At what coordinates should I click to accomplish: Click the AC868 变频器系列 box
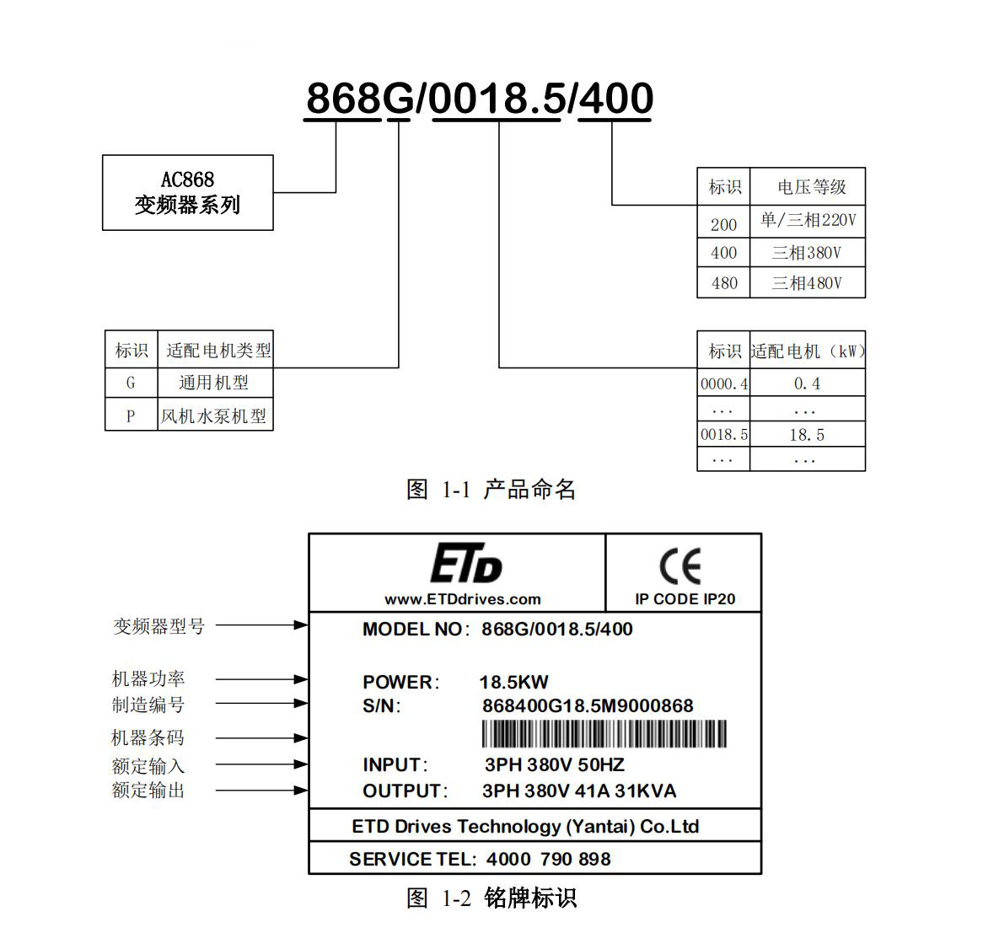(x=187, y=192)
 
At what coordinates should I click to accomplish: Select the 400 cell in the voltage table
(x=723, y=253)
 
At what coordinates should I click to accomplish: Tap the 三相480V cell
(x=807, y=283)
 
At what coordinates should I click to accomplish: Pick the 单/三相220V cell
(x=807, y=221)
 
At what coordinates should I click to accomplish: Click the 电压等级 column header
(x=810, y=187)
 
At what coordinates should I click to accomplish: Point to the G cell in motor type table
(x=131, y=383)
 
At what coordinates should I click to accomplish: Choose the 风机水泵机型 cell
(x=214, y=416)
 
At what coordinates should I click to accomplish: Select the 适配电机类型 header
(x=218, y=350)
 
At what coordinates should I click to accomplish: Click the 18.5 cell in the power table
(x=807, y=435)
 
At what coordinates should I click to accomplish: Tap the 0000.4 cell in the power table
(x=724, y=384)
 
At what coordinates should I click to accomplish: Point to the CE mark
(x=680, y=566)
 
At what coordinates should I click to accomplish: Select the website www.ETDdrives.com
(x=462, y=599)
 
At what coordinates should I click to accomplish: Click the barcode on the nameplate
(x=604, y=734)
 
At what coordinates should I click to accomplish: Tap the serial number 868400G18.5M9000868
(x=587, y=705)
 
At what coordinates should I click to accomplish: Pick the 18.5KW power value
(x=513, y=682)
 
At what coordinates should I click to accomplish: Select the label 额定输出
(x=148, y=791)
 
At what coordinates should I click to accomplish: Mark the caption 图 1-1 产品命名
(x=491, y=489)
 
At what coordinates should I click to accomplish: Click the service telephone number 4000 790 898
(x=548, y=859)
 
